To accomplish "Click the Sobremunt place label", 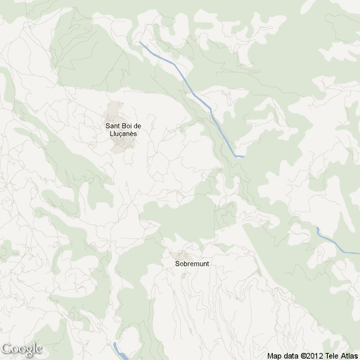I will [192, 264].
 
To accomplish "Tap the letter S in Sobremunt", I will [177, 264].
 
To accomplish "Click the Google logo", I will [22, 349].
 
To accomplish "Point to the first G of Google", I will [6, 348].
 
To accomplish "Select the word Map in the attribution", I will [274, 356].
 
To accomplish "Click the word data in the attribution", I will [290, 356].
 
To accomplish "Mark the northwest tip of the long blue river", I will [141, 43].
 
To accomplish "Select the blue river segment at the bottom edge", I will [120, 352].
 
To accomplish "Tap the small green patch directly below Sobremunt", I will [188, 275].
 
